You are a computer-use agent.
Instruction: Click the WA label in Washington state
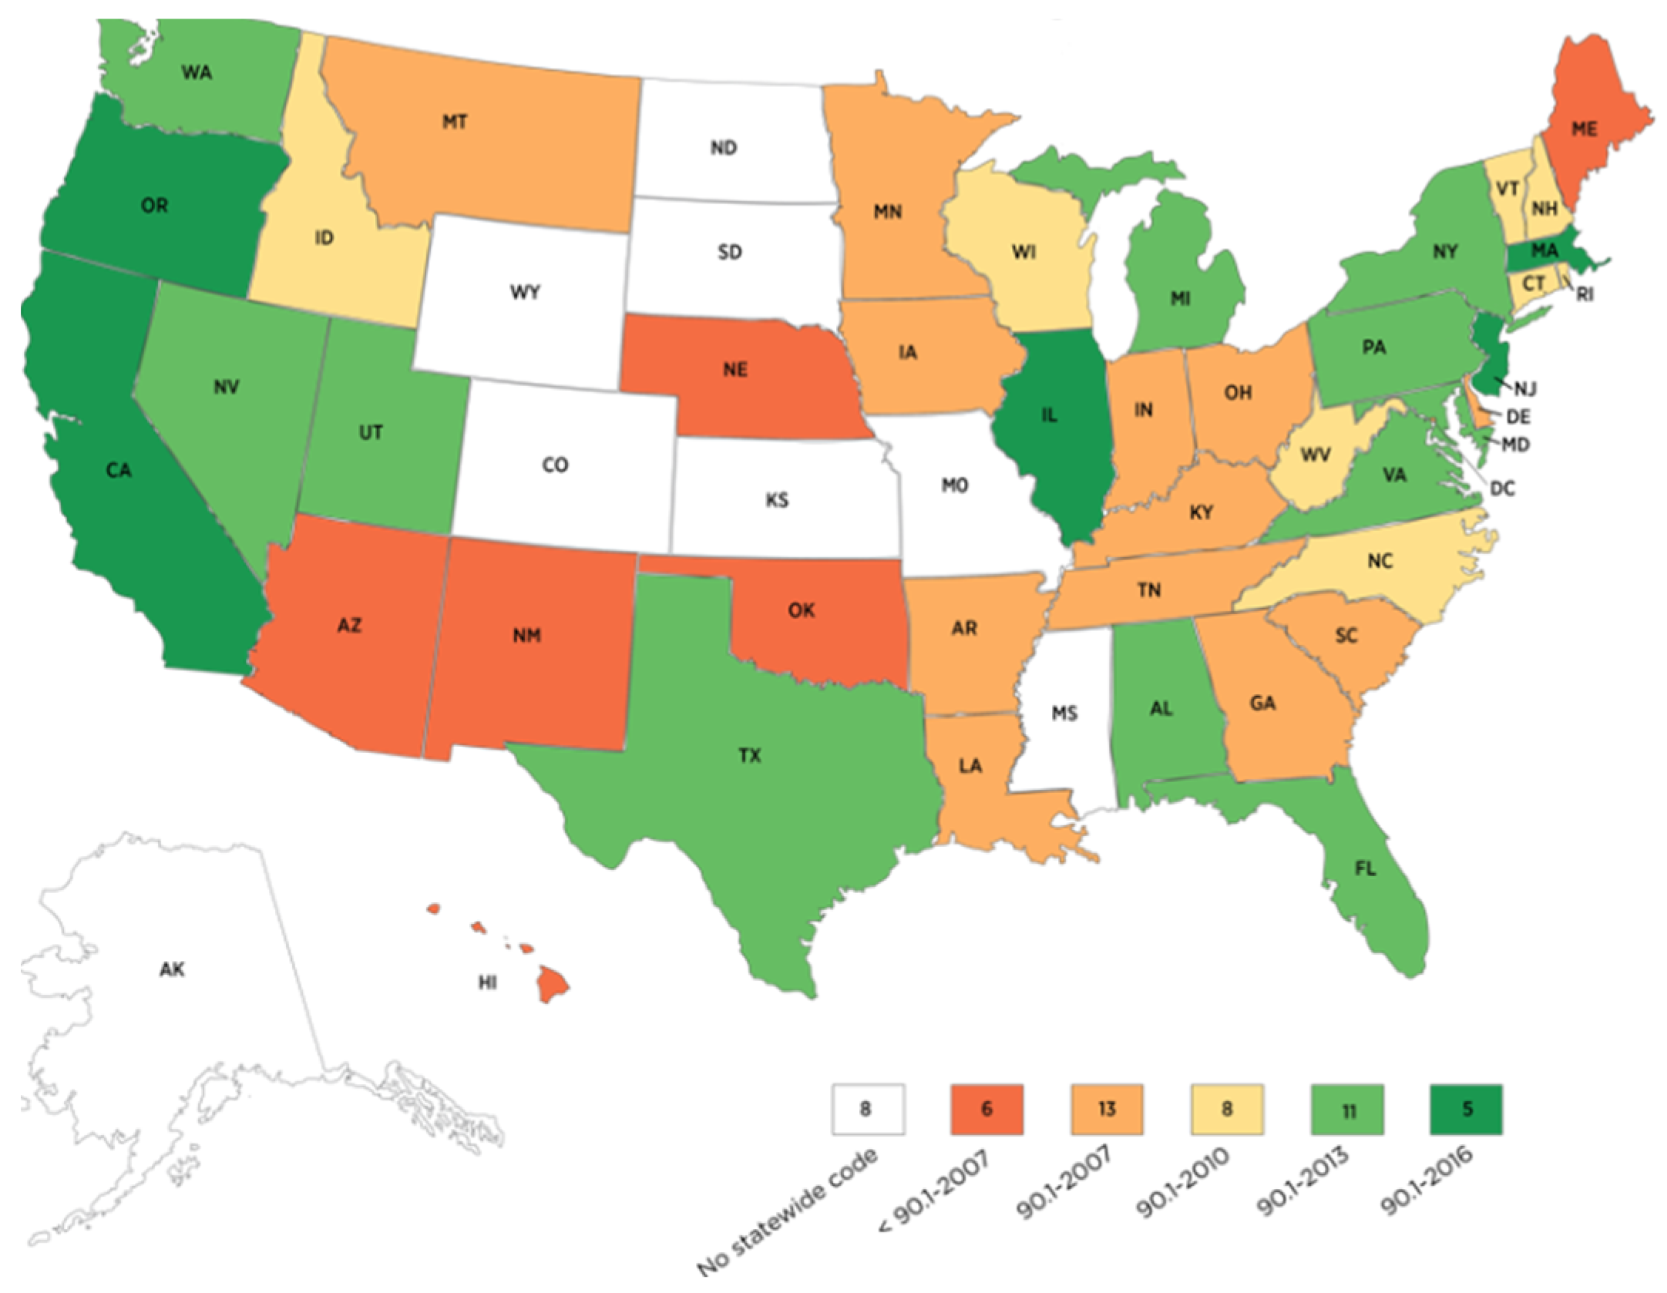(x=197, y=73)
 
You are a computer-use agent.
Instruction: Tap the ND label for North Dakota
(x=723, y=147)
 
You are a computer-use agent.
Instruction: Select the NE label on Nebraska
(x=734, y=370)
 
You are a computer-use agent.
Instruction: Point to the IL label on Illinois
(x=1049, y=415)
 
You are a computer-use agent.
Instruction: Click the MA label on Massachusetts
(x=1544, y=251)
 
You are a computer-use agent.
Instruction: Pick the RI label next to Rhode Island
(x=1585, y=294)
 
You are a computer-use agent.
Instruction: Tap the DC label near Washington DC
(x=1502, y=489)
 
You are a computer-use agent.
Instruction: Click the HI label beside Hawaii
(x=487, y=982)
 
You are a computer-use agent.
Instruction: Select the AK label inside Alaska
(x=172, y=969)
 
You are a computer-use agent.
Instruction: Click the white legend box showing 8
(x=868, y=1110)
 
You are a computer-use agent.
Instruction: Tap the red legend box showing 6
(x=986, y=1110)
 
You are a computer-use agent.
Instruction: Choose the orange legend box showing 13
(x=1107, y=1110)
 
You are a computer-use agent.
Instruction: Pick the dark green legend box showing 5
(x=1467, y=1110)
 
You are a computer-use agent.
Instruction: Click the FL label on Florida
(x=1365, y=869)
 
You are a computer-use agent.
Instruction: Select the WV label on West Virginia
(x=1315, y=455)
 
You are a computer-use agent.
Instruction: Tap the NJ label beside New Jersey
(x=1525, y=389)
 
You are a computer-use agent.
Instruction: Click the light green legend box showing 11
(x=1347, y=1110)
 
